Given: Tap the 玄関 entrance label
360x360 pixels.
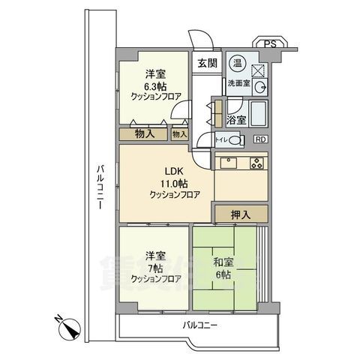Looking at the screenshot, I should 208,64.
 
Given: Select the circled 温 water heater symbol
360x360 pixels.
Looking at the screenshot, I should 236,62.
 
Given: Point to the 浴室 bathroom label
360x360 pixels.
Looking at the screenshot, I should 236,119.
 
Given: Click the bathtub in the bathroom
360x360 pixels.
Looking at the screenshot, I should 259,115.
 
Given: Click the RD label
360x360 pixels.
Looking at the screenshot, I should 259,139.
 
